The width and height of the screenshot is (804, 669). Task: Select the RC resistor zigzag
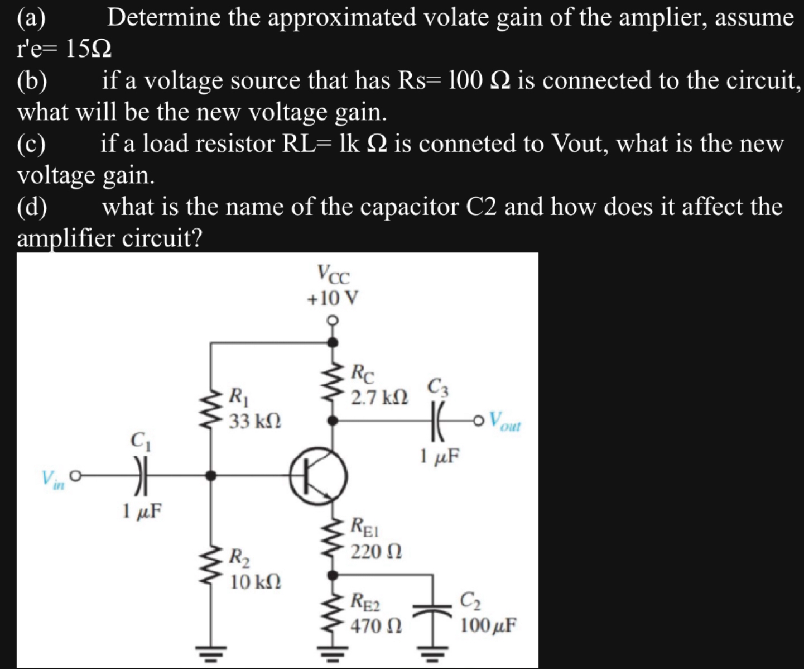(333, 381)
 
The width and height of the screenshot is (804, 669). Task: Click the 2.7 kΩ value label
(379, 398)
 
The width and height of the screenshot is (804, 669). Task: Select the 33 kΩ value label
(255, 420)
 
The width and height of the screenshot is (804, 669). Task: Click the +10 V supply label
(333, 298)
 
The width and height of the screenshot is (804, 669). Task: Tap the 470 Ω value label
(375, 625)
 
